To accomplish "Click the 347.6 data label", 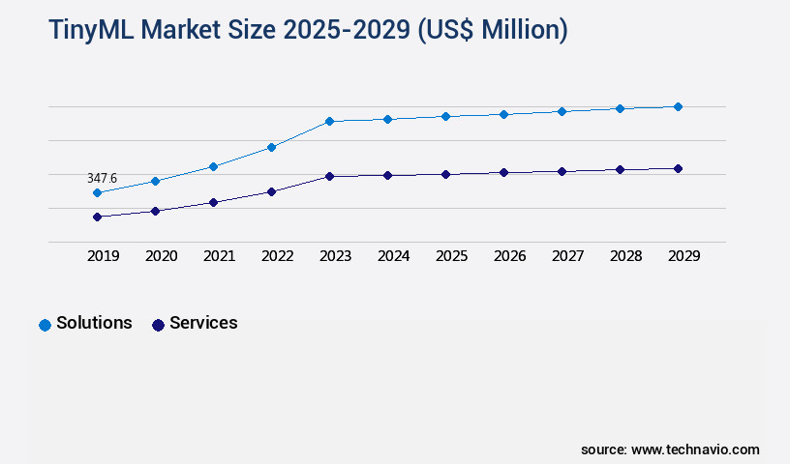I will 102,178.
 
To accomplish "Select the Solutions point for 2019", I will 97,192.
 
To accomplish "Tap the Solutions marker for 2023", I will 329,121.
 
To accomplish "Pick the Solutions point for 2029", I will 678,106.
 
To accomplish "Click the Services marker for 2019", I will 97,217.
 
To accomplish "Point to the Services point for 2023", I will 329,176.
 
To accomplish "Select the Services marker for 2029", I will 678,168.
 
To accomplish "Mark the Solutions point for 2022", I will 271,147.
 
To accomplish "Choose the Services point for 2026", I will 503,172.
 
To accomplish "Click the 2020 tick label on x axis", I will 161,256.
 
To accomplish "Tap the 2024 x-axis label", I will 393,256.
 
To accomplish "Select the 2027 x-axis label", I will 567,256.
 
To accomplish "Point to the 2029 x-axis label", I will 684,256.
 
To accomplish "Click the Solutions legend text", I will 94,323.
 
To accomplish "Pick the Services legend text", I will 203,323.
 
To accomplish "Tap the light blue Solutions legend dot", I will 45,325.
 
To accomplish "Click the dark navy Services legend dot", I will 158,325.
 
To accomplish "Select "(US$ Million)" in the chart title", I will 492,30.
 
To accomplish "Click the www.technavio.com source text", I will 695,449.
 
